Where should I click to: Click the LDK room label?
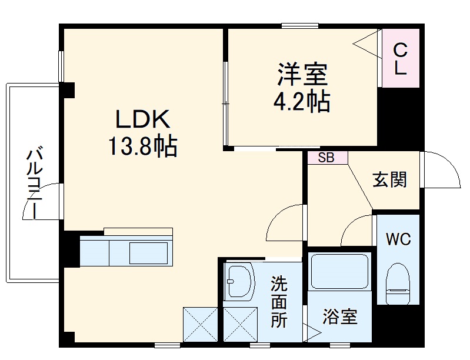tap(142, 119)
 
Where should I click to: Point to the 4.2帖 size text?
tap(301, 102)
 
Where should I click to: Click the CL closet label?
tap(400, 58)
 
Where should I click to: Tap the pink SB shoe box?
tap(327, 158)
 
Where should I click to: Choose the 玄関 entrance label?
tap(389, 179)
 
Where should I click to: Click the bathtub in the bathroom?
tap(339, 271)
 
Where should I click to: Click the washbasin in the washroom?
tap(239, 281)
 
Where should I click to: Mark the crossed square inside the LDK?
tap(201, 324)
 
